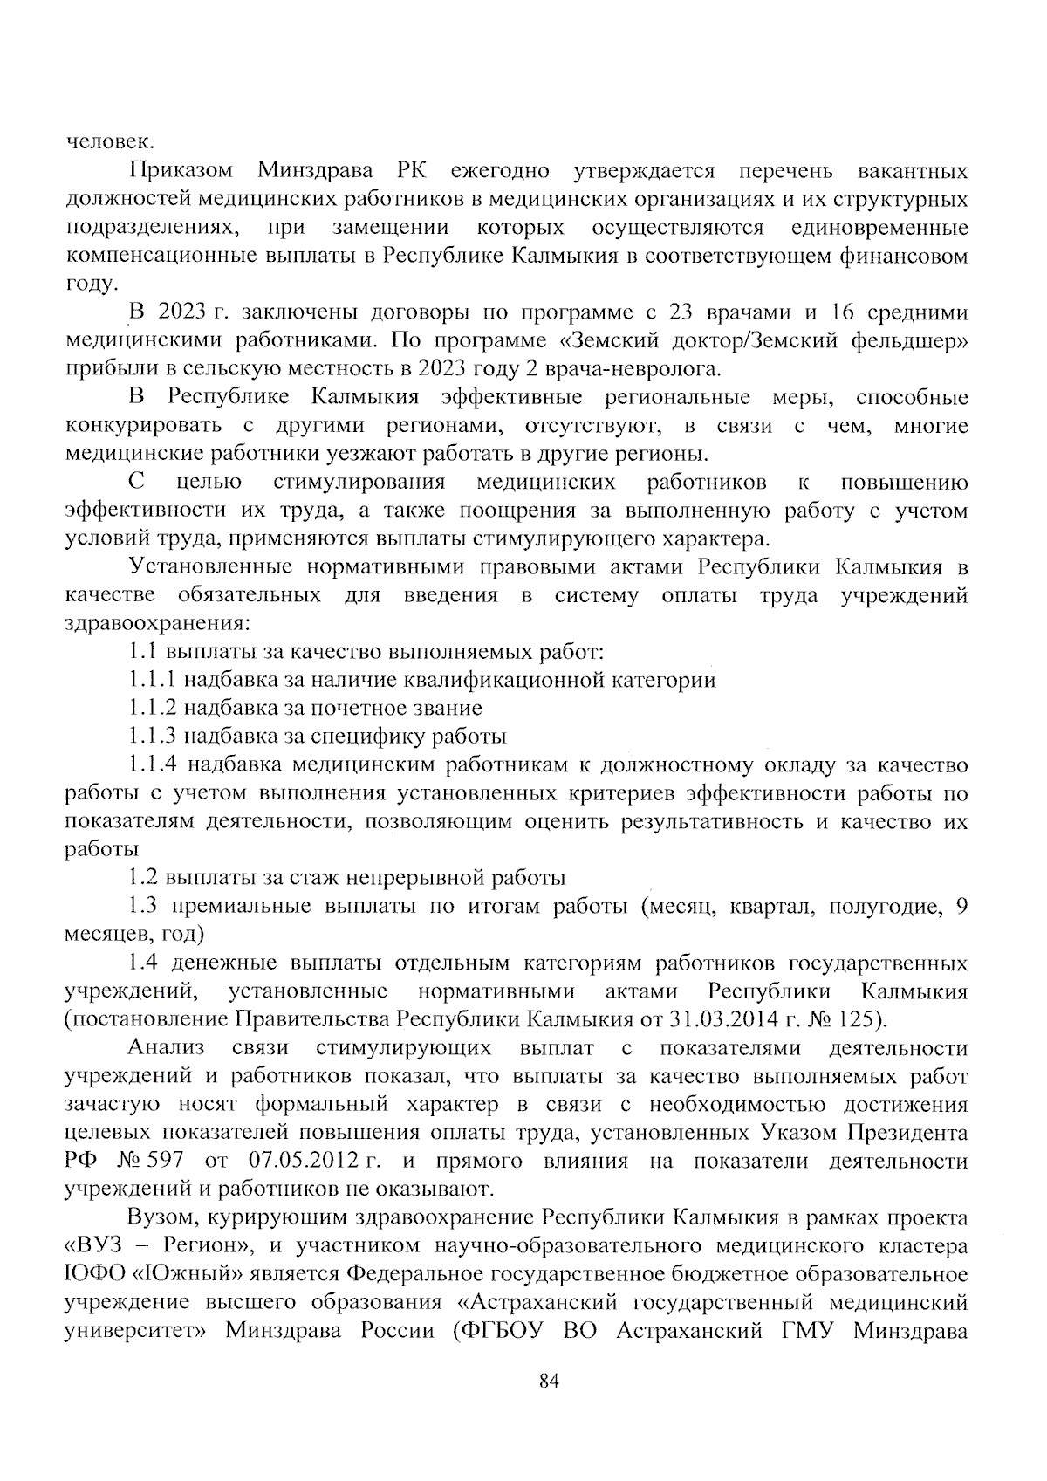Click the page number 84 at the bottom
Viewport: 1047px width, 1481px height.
548,1381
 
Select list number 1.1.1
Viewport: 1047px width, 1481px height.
153,680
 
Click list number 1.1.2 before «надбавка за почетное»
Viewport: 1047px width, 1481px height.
153,708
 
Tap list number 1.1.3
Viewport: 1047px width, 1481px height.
153,737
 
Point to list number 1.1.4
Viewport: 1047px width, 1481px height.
153,765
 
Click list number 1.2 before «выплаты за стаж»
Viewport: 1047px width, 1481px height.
143,878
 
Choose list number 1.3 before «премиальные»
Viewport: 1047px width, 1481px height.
143,907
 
